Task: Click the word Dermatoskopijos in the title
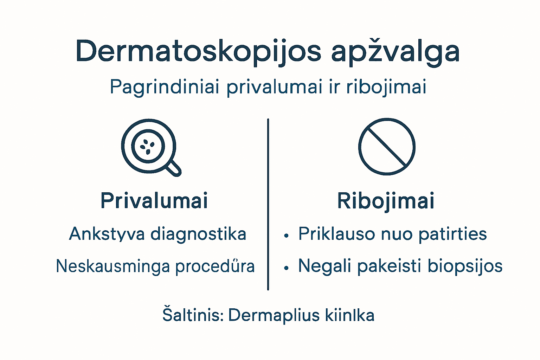click(x=198, y=52)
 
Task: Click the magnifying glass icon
click(x=149, y=146)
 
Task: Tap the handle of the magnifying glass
click(x=173, y=168)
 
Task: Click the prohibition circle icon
click(x=387, y=146)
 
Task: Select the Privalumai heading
click(x=154, y=201)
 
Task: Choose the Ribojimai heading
click(x=386, y=201)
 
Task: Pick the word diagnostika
click(x=198, y=234)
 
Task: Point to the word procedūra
click(x=215, y=266)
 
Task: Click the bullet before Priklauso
click(x=287, y=236)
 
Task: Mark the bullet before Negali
click(x=287, y=268)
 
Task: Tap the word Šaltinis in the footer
click(x=193, y=315)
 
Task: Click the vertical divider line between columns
click(x=268, y=204)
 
